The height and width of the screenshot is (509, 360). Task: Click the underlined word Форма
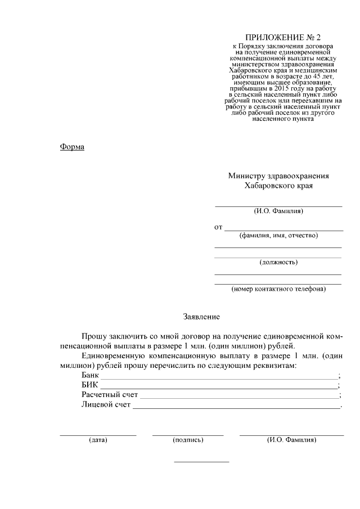tap(72, 147)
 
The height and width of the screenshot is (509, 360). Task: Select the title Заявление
tap(201, 317)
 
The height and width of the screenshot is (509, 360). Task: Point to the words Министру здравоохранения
tap(278, 175)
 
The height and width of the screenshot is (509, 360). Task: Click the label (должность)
tap(278, 262)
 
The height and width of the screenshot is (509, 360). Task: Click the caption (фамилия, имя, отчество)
tap(278, 236)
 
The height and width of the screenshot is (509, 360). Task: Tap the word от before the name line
tap(218, 227)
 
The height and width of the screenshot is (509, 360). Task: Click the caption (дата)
tap(98, 440)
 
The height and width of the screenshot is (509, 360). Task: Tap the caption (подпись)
tap(188, 440)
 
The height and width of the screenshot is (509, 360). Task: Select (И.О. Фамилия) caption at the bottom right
tap(291, 440)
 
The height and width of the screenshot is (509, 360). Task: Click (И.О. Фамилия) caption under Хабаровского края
tap(278, 211)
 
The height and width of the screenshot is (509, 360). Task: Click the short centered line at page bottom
tap(201, 462)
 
